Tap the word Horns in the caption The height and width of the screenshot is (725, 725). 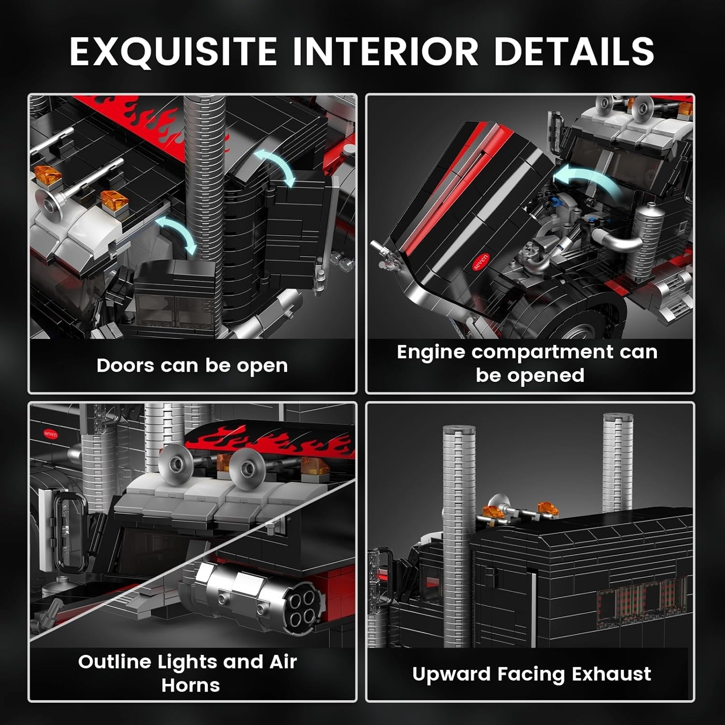click(x=190, y=685)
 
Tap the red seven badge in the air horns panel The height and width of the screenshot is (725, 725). click(x=50, y=434)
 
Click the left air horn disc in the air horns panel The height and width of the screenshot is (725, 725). click(x=173, y=462)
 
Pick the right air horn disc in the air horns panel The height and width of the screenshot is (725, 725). click(x=246, y=466)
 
